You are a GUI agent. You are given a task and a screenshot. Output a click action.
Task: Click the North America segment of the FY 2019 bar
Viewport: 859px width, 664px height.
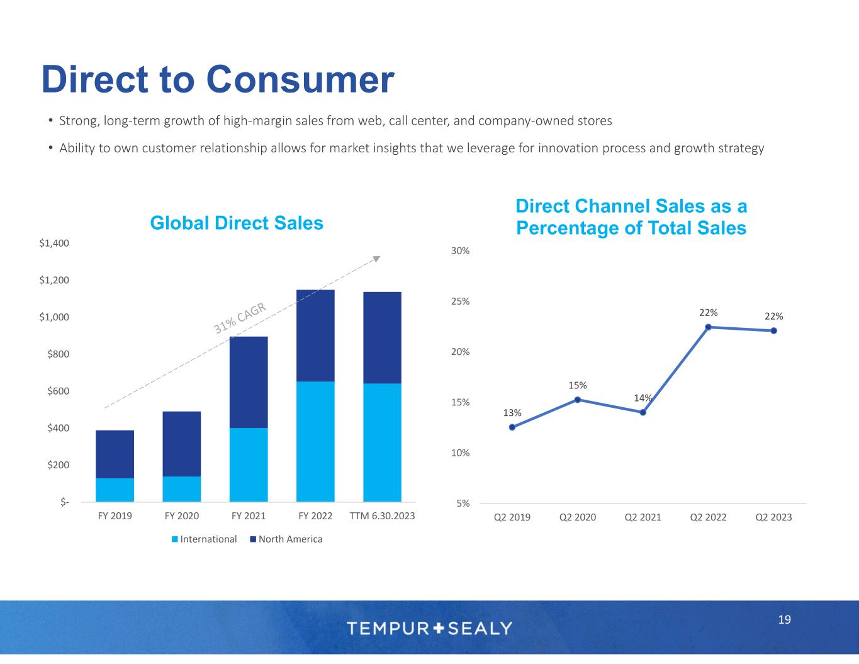(x=115, y=454)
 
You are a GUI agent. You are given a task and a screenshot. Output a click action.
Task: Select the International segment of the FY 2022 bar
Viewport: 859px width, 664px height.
(x=315, y=441)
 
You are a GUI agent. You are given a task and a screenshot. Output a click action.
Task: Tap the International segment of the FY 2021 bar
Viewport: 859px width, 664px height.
(x=249, y=464)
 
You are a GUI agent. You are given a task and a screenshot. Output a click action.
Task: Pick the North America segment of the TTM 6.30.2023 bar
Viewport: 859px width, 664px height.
(x=382, y=337)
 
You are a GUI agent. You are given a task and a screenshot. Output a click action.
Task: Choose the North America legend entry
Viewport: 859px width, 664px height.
(x=286, y=539)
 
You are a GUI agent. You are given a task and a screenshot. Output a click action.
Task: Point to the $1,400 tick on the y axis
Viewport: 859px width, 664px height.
(x=54, y=243)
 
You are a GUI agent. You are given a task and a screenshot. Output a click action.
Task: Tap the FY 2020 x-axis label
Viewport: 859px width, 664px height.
(x=181, y=516)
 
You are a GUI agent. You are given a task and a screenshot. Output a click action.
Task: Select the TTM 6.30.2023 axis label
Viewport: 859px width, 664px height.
(x=382, y=516)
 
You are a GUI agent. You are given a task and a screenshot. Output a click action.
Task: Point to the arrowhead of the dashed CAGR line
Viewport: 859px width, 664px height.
(x=377, y=258)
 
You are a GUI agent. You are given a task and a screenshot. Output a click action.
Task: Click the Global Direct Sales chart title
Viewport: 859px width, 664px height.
(x=237, y=223)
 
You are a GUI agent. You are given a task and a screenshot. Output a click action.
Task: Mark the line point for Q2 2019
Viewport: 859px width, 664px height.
(x=512, y=427)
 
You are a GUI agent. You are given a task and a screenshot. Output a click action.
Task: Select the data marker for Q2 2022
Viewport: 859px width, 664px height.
(x=708, y=327)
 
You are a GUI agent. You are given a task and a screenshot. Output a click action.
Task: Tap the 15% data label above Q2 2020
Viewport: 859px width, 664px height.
(x=578, y=385)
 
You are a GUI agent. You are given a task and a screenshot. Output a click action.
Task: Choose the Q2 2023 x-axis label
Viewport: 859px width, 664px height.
(x=773, y=517)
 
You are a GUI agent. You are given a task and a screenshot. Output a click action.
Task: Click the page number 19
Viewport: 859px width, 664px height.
(x=784, y=620)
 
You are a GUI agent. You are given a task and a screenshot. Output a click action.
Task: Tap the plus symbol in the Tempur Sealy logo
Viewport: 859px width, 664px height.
(x=439, y=627)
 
